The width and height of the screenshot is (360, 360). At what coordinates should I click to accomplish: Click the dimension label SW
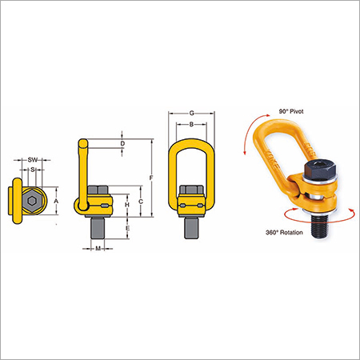[x=33, y=160]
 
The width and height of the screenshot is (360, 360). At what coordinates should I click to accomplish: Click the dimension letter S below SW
[x=33, y=170]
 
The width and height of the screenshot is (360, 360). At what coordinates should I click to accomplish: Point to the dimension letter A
[x=56, y=201]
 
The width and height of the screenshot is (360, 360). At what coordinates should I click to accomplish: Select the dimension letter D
[x=122, y=143]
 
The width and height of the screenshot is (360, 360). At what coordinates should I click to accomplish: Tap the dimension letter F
[x=151, y=178]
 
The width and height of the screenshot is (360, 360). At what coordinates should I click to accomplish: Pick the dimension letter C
[x=141, y=202]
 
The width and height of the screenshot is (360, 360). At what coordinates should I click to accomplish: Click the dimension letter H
[x=127, y=205]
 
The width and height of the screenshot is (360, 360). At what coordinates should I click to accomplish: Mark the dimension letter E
[x=127, y=228]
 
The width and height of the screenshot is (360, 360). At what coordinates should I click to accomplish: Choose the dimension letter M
[x=98, y=249]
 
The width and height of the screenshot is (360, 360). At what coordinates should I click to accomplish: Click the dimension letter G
[x=191, y=114]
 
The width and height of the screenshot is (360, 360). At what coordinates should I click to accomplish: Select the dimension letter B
[x=191, y=124]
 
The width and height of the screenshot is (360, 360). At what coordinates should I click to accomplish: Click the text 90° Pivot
[x=291, y=111]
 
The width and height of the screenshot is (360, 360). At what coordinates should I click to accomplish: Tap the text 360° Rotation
[x=284, y=233]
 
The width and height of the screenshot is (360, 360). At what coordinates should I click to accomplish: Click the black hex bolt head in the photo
[x=320, y=170]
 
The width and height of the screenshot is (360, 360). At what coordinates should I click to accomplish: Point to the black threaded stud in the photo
[x=320, y=226]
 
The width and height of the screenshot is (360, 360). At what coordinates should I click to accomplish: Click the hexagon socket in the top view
[x=32, y=201]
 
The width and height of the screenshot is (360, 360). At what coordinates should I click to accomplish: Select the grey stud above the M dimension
[x=98, y=228]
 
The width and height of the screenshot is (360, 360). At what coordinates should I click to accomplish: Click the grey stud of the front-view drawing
[x=191, y=228]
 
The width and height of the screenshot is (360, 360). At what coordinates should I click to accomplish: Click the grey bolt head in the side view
[x=98, y=190]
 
